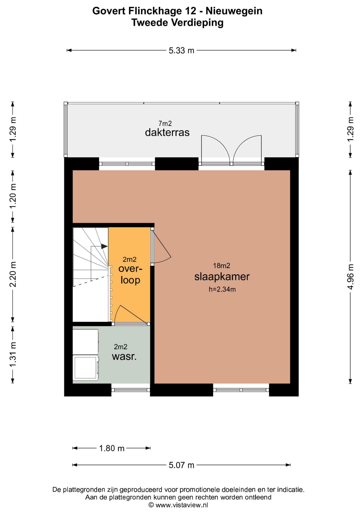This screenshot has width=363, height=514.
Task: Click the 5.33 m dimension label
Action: (x=181, y=50)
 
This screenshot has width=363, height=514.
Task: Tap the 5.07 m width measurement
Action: (x=181, y=465)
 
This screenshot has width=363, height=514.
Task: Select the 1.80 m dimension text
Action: (x=112, y=448)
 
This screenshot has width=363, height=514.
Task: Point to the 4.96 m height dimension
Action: (x=350, y=277)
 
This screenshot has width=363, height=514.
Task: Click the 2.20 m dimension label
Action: (x=13, y=274)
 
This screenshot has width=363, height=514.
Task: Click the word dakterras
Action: (x=167, y=132)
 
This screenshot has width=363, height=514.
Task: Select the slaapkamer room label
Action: (x=222, y=277)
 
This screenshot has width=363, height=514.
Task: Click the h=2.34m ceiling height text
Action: (x=222, y=289)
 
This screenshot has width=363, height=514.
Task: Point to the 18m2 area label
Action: (x=222, y=266)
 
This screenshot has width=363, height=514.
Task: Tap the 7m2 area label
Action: (x=165, y=123)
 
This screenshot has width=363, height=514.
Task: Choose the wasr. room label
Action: (x=124, y=357)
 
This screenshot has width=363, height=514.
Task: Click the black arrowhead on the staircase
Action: (x=104, y=246)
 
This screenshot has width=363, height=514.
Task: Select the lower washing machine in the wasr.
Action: (x=86, y=368)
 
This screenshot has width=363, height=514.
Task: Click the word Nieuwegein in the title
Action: (x=234, y=11)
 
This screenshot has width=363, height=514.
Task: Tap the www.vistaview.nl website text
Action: (x=182, y=505)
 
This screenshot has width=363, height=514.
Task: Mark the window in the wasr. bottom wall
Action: (x=131, y=390)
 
